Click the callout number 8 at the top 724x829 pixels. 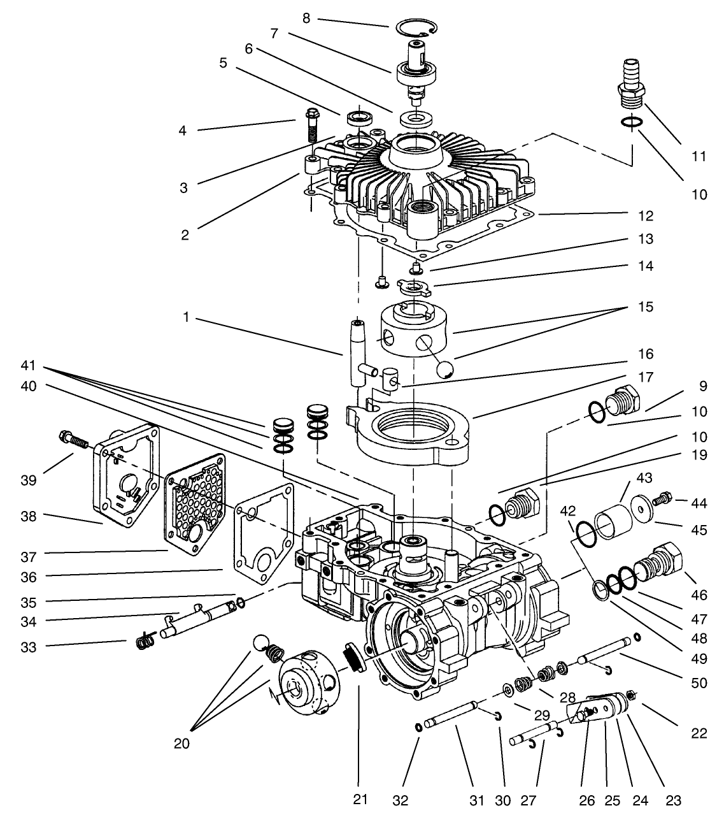tap(306, 18)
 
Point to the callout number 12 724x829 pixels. tap(647, 216)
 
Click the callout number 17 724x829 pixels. tap(647, 378)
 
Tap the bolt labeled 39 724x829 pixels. tap(74, 440)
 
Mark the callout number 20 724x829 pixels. tap(181, 742)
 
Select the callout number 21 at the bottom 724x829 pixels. tap(360, 800)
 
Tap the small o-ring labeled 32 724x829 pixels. tap(417, 726)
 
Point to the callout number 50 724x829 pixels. tap(699, 683)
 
